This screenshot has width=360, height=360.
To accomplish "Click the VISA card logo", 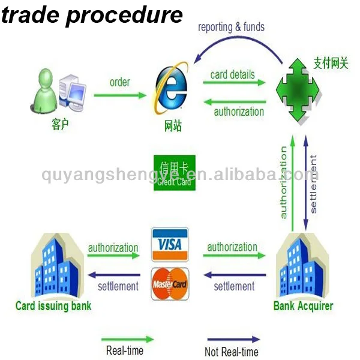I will [170, 244].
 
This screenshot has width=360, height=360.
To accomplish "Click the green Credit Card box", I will [175, 173].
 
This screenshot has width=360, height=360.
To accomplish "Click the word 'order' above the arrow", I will [119, 82].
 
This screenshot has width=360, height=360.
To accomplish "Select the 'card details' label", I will [232, 75].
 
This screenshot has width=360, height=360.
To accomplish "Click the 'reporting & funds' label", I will [231, 27].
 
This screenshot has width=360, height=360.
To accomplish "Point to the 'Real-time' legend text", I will [125, 351].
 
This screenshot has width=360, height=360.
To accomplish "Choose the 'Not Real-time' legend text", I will [232, 352].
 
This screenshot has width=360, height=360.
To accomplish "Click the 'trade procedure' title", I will [92, 14].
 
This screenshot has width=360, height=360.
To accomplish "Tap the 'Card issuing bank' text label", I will [53, 306].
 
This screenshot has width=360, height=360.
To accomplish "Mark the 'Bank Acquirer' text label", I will [303, 306].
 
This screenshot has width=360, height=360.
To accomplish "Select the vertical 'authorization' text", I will [283, 182].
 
